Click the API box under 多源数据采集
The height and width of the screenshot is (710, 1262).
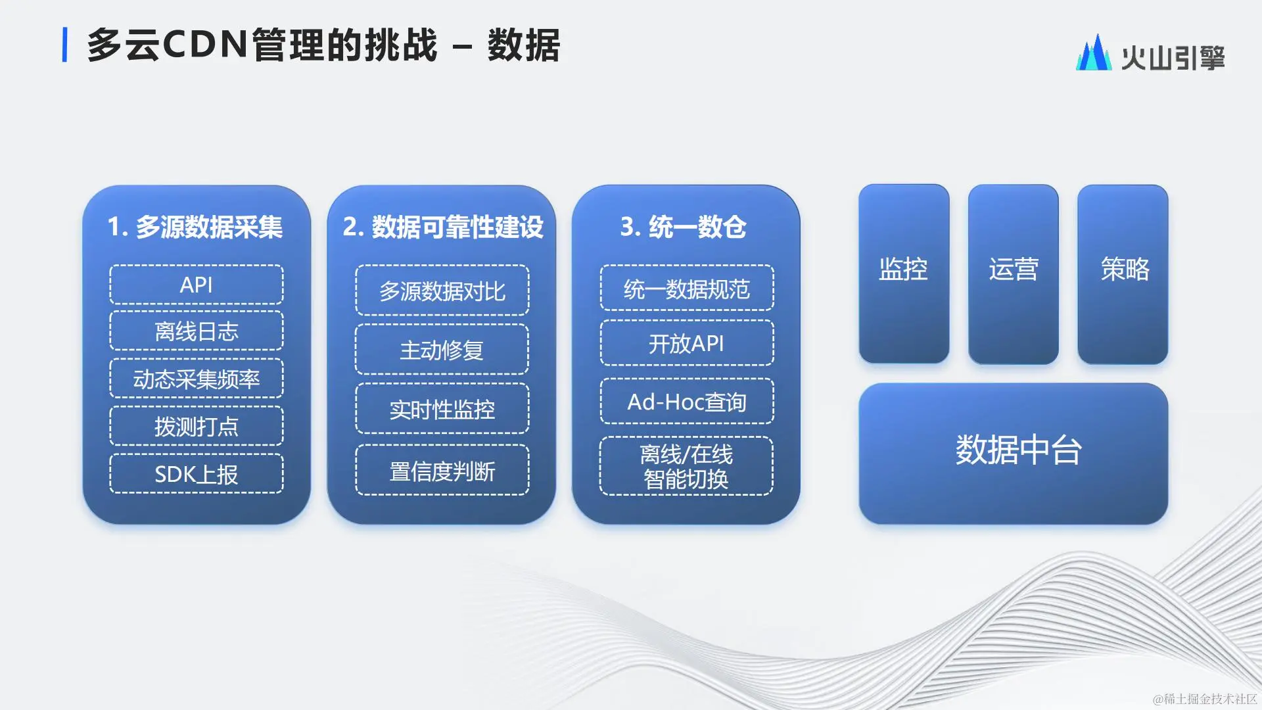197,285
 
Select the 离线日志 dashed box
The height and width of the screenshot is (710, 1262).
197,331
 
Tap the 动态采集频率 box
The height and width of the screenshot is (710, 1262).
197,379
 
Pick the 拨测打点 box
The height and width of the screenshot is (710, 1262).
197,426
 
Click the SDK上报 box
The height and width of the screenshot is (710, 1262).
197,473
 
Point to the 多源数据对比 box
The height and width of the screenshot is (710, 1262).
442,291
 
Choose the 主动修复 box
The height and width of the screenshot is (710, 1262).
442,349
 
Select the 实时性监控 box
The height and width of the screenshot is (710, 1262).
442,409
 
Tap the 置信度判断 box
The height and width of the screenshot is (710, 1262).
442,470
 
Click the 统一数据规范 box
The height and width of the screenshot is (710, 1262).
687,288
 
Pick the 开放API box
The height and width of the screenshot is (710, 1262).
687,343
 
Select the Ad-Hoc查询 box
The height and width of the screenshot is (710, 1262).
687,401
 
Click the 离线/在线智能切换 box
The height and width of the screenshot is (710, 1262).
687,466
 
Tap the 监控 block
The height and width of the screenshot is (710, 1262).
904,273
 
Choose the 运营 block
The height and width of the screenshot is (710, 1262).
1014,273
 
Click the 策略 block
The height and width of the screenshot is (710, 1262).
1123,273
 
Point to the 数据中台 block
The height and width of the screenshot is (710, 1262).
1014,454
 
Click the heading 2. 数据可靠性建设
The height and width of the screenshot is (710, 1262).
443,227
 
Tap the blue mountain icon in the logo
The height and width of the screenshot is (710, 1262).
1094,53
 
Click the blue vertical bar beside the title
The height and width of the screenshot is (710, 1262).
64,45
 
